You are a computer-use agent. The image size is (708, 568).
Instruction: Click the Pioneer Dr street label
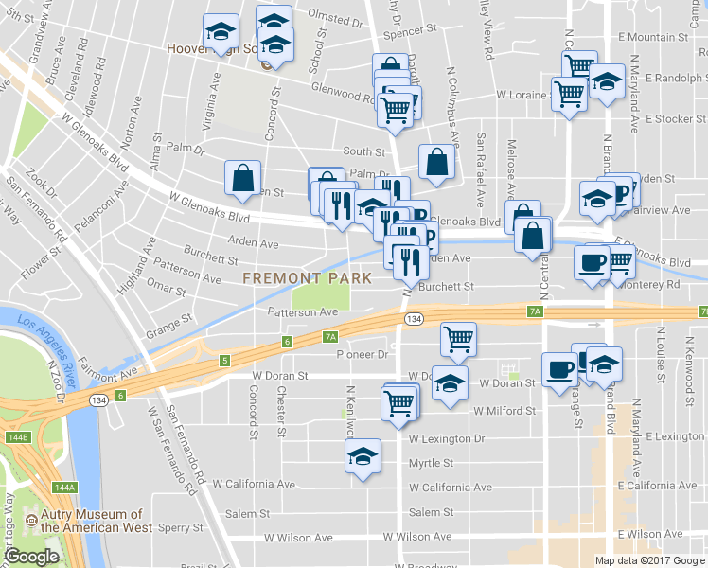tap(363, 355)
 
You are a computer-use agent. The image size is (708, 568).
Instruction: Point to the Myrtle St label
tap(431, 463)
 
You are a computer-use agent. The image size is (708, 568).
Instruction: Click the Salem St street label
tap(431, 512)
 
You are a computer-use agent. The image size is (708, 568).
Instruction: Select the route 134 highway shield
tap(413, 320)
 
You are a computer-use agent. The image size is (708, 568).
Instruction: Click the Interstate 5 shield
tap(224, 361)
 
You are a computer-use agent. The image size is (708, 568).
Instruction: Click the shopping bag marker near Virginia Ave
tap(243, 177)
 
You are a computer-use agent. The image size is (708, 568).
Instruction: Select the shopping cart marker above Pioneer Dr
tap(458, 338)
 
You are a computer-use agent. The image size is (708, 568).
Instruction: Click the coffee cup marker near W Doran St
tap(558, 368)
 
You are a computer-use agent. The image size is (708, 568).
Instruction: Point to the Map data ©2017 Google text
tap(649, 560)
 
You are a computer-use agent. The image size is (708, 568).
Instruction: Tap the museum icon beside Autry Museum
tap(31, 521)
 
